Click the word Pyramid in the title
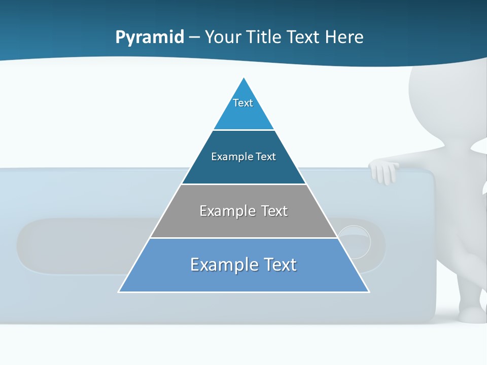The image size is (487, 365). (x=150, y=38)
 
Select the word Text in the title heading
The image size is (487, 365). (x=303, y=38)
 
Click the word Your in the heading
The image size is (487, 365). (x=223, y=38)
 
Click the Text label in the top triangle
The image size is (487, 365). (x=243, y=103)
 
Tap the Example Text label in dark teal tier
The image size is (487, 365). (x=243, y=157)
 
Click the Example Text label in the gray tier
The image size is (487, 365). (x=243, y=211)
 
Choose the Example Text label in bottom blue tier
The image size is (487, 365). (x=243, y=265)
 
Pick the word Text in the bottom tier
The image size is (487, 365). (x=280, y=265)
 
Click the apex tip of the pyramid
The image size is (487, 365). (x=244, y=79)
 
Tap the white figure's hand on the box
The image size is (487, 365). (x=384, y=171)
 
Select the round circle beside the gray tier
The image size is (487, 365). (x=355, y=241)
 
